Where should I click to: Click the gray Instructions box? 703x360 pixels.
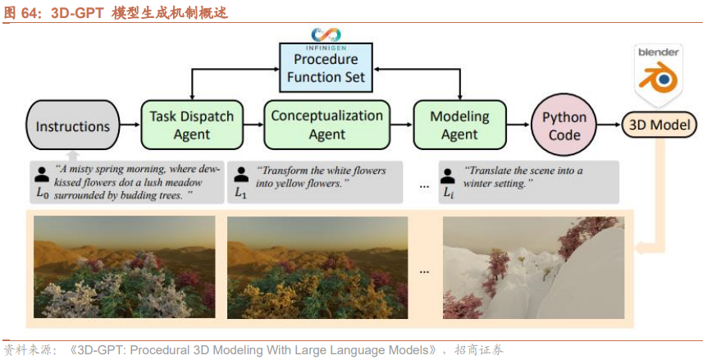[73, 125]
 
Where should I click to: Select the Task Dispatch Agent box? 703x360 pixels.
[192, 125]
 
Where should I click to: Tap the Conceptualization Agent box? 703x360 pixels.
[326, 125]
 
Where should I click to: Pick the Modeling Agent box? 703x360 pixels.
[459, 125]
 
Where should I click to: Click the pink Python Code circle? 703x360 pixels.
[564, 125]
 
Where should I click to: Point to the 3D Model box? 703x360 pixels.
[660, 125]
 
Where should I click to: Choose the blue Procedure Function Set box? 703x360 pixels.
[326, 68]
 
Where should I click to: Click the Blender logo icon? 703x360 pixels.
[658, 75]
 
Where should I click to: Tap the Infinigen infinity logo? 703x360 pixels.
[326, 34]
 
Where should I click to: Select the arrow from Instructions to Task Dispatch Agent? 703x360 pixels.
[130, 125]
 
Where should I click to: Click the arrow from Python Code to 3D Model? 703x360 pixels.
[609, 125]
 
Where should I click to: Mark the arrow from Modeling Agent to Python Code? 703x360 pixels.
[518, 125]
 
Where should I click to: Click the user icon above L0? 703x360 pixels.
[42, 175]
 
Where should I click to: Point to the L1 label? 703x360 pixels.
[241, 194]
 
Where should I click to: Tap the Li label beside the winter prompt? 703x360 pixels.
[449, 194]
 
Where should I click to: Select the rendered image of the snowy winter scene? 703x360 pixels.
[533, 267]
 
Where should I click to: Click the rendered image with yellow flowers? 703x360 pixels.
[317, 267]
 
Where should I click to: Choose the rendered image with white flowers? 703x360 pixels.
[124, 267]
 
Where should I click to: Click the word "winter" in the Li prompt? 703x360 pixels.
[478, 184]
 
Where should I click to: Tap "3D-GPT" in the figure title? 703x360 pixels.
[77, 12]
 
